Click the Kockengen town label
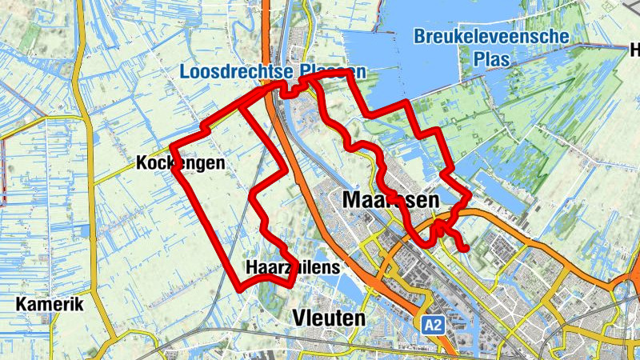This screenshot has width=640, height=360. pos(180,163)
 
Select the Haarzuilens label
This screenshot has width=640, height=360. pos(293,266)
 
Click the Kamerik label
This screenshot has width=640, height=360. pos(50,305)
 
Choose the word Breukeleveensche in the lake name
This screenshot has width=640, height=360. pos(491,37)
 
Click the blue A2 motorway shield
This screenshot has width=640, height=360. pos(432,325)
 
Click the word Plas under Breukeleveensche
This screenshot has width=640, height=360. pos(491,59)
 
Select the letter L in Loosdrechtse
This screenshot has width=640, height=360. pos(185,72)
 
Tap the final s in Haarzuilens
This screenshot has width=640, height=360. pos(337,266)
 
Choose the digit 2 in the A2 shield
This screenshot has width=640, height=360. pos(437,325)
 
